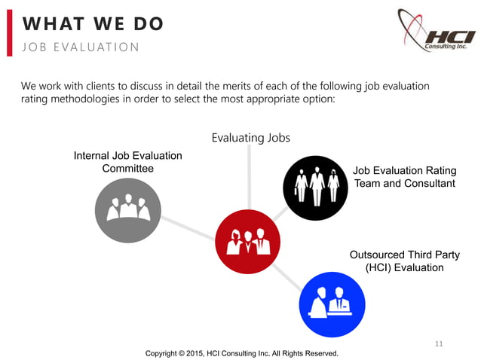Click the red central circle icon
click(248, 242)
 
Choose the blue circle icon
click(332, 304)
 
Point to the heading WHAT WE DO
click(92, 24)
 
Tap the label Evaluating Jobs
click(251, 138)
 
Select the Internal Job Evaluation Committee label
click(127, 162)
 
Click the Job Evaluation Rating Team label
click(404, 177)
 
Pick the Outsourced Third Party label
click(404, 261)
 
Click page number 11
click(440, 344)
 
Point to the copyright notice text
click(241, 352)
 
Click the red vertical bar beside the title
click(10, 34)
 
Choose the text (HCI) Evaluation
click(404, 267)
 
